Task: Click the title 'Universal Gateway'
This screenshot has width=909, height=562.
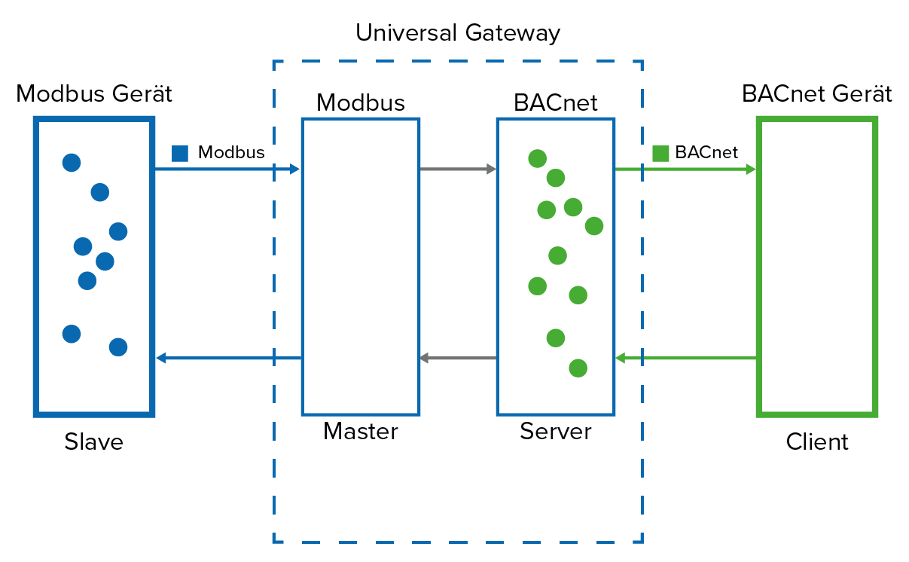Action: pyautogui.click(x=458, y=33)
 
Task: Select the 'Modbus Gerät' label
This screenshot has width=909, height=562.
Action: pyautogui.click(x=94, y=94)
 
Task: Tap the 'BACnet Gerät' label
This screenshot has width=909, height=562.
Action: pyautogui.click(x=816, y=94)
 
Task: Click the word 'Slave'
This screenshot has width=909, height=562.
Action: pyautogui.click(x=93, y=441)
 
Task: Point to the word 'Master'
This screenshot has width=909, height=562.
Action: pyautogui.click(x=360, y=432)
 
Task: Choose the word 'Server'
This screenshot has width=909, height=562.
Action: pyautogui.click(x=555, y=432)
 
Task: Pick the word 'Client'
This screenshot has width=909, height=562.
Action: pyautogui.click(x=816, y=441)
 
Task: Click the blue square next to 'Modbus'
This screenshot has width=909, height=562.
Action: pyautogui.click(x=180, y=153)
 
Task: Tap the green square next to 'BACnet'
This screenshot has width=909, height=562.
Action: pyautogui.click(x=660, y=153)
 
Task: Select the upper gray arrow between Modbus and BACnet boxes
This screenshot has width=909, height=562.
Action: pyautogui.click(x=457, y=170)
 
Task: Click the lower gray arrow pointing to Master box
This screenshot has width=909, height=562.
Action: pyautogui.click(x=457, y=359)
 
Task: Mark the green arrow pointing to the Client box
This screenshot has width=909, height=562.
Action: pyautogui.click(x=685, y=170)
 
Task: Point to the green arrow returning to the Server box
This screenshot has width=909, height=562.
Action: pyautogui.click(x=685, y=359)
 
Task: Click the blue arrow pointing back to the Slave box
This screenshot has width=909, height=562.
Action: pyautogui.click(x=229, y=359)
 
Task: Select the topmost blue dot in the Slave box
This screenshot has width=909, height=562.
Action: pyautogui.click(x=72, y=162)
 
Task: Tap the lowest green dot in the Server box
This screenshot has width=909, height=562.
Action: pyautogui.click(x=578, y=368)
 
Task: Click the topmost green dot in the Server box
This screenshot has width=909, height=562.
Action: pyautogui.click(x=537, y=158)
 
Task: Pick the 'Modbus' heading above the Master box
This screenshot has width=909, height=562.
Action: pyautogui.click(x=360, y=102)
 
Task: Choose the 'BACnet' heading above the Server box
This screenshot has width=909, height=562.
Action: pyautogui.click(x=555, y=102)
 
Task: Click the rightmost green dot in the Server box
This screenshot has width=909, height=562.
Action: pyautogui.click(x=594, y=225)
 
